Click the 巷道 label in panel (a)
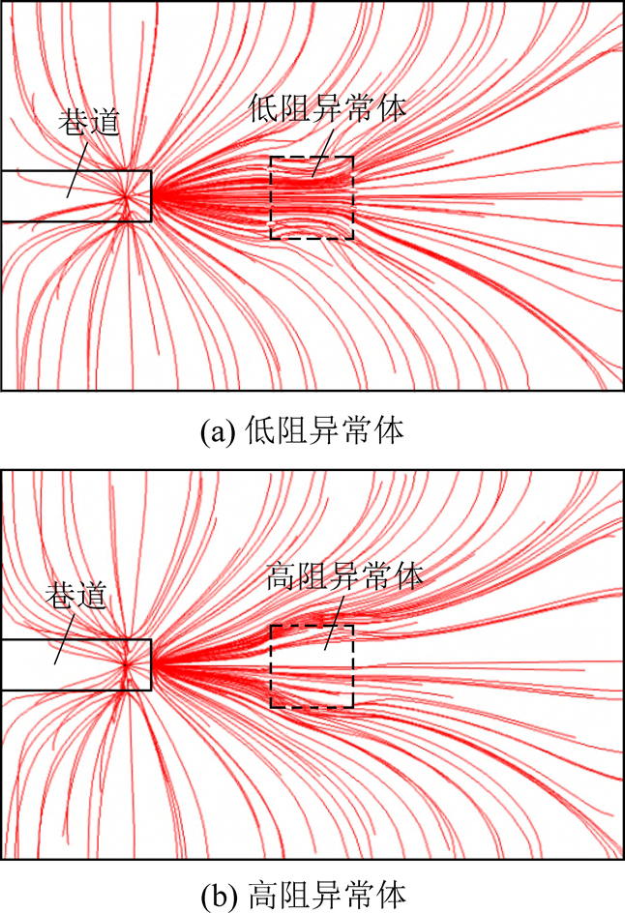point(89,122)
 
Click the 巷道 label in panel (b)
point(76,595)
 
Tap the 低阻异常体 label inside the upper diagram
point(327,107)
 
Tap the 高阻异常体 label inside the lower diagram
point(343,575)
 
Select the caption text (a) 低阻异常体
point(302,431)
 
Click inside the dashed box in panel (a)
point(312,197)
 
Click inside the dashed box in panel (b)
point(312,666)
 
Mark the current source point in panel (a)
point(125,197)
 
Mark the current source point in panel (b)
point(125,664)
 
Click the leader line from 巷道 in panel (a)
point(77,169)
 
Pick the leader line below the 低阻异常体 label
point(323,153)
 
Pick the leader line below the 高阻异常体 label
point(334,624)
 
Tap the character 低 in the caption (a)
point(258,431)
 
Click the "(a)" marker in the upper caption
point(218,432)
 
